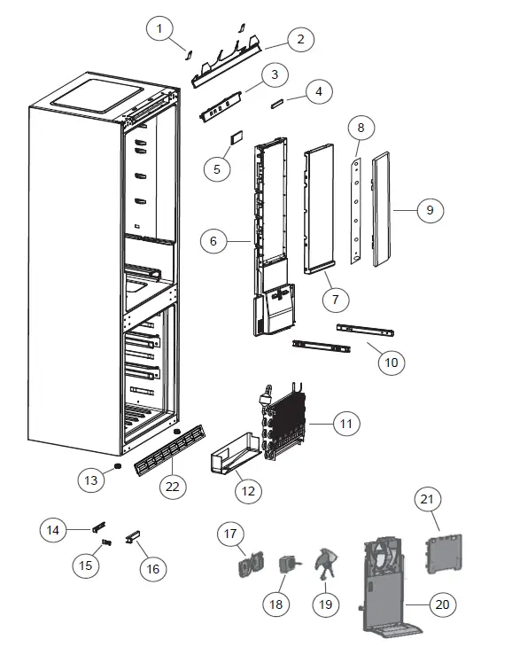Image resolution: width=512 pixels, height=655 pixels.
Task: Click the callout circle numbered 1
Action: click(x=159, y=30)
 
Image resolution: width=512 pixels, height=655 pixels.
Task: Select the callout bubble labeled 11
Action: click(x=346, y=425)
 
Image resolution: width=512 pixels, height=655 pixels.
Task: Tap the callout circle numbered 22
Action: click(x=173, y=485)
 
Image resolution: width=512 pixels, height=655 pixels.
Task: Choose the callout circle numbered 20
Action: click(x=443, y=604)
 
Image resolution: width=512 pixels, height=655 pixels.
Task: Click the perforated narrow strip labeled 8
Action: click(x=356, y=211)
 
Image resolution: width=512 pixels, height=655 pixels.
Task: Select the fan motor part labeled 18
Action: click(x=288, y=565)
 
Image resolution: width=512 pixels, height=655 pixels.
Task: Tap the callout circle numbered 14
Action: click(x=53, y=530)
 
